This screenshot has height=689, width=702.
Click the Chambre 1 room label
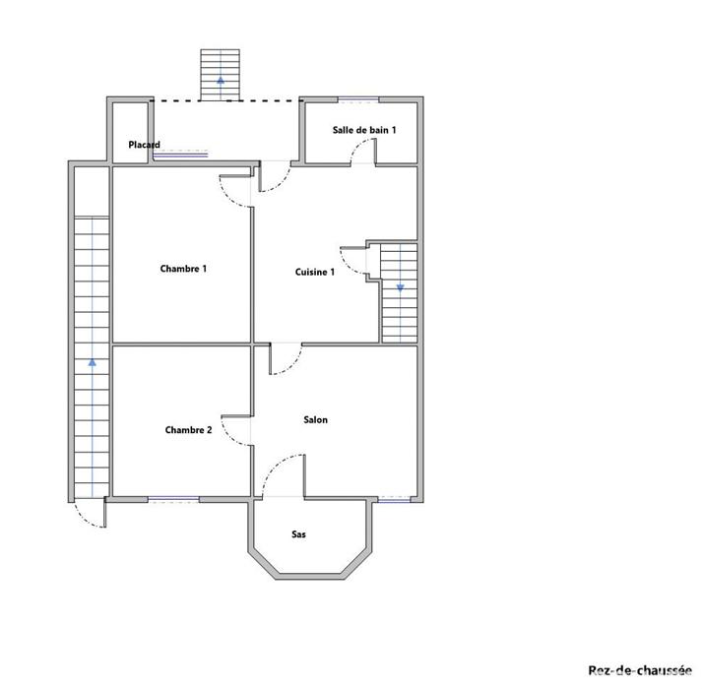[183, 269]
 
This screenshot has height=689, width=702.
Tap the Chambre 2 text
[188, 430]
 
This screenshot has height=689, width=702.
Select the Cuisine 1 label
[315, 272]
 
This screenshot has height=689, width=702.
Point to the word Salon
[315, 420]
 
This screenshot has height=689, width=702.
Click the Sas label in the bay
[298, 534]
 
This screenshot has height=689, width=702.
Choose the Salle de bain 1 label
[364, 130]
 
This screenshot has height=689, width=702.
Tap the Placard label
[144, 145]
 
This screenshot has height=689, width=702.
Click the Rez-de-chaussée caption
[640, 670]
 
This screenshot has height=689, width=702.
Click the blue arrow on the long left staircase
[92, 361]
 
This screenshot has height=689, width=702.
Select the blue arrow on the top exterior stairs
[220, 77]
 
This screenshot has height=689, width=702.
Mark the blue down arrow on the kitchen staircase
[400, 287]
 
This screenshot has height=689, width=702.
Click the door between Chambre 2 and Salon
[237, 428]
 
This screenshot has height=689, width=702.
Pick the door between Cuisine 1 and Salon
[286, 360]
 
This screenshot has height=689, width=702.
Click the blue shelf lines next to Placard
[180, 154]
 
